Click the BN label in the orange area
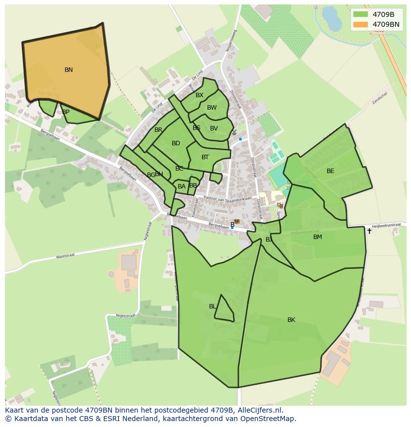pos(68,70)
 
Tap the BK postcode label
pos(291,320)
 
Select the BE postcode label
pos(331,171)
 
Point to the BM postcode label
pos(318,237)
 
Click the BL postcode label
pos(212,306)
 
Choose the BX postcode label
pos(200,95)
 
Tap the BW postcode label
pos(212,108)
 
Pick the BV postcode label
pos(214,128)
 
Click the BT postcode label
pos(205,157)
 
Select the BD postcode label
pos(176,143)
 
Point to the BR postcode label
pos(158,130)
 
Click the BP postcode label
pos(66,112)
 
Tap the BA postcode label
pos(182,186)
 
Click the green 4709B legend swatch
pos(360,14)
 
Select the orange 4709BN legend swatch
pos(360,24)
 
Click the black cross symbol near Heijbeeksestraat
pos(369,231)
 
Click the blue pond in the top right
pos(329,17)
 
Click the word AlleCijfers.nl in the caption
pos(260,410)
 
